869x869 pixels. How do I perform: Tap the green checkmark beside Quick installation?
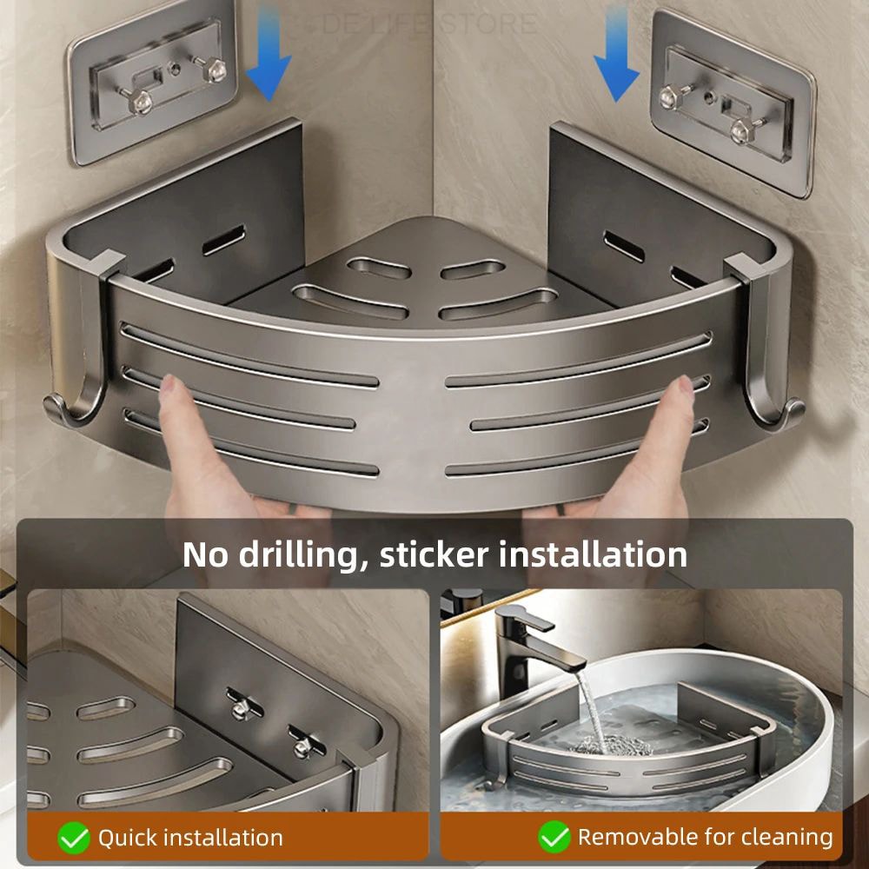pyautogui.click(x=74, y=838)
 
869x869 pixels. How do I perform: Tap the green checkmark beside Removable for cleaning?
pyautogui.click(x=554, y=838)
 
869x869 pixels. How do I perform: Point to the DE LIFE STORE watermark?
pyautogui.click(x=429, y=23)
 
